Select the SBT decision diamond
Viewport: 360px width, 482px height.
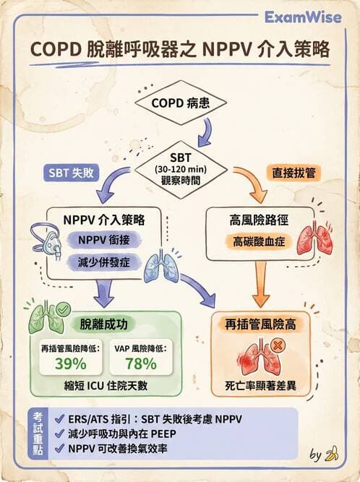(x=181, y=168)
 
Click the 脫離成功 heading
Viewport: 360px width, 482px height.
(x=106, y=326)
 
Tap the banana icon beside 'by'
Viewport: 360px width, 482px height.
(x=333, y=454)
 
